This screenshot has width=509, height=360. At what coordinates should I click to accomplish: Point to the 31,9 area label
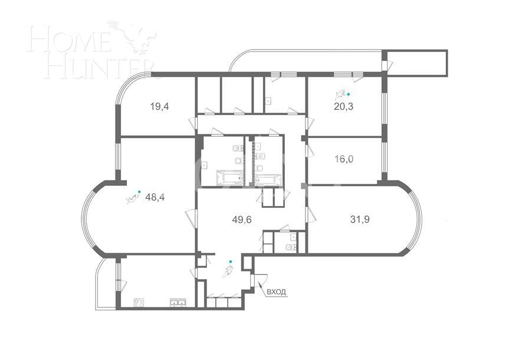tap(360, 219)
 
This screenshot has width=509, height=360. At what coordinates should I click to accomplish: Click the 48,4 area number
tap(155, 197)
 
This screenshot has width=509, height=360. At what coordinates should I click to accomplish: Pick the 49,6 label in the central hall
tap(242, 220)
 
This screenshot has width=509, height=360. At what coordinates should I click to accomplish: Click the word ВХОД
tap(277, 292)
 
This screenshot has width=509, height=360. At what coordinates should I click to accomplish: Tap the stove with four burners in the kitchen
tap(139, 302)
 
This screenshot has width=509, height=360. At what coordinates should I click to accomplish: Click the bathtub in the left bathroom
tap(229, 177)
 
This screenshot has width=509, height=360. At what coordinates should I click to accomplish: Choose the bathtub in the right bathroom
tap(268, 179)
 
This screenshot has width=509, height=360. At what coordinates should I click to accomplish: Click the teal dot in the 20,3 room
tap(348, 94)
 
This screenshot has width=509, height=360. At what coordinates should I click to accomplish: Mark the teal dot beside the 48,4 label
tap(139, 191)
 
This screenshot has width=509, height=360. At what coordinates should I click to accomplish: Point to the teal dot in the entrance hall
tap(230, 261)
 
